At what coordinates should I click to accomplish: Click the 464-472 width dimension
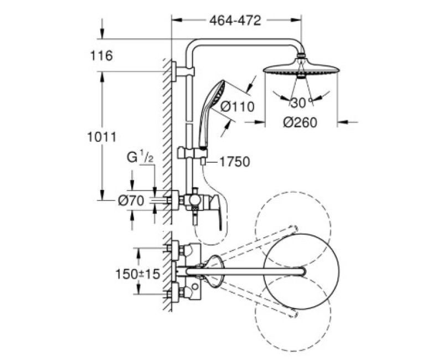[235, 20]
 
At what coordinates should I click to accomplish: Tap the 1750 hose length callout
[234, 162]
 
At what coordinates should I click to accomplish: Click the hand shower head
[213, 94]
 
